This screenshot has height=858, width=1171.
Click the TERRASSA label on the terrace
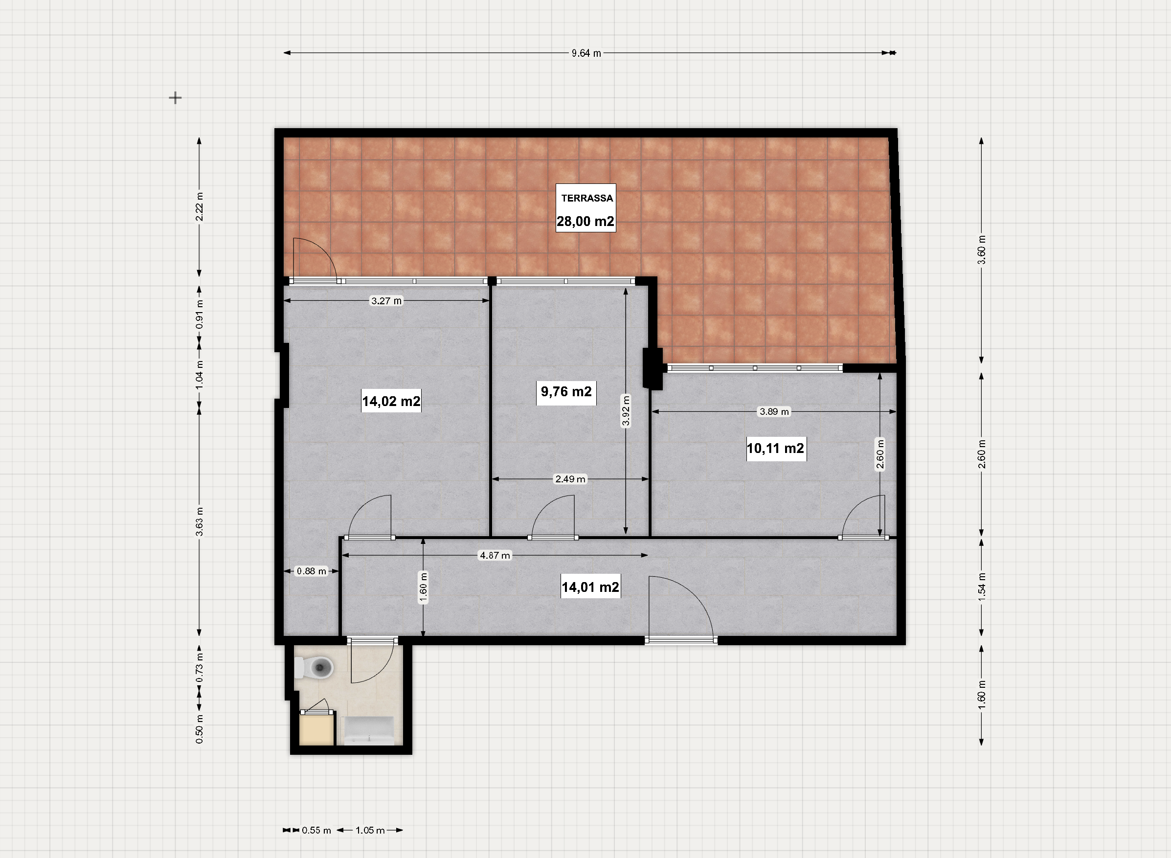coord(587,198)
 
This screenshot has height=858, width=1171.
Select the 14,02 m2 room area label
coord(391,401)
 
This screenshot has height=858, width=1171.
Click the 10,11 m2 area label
coord(775,448)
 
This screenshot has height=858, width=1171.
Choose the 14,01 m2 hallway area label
coord(590,587)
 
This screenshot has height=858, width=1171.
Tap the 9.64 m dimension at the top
coord(586,53)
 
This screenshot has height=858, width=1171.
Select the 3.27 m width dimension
coord(386,301)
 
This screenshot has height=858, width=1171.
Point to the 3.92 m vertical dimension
coord(626,410)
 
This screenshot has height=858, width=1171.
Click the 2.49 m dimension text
coord(570,479)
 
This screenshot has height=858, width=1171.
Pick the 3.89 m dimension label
coord(774,412)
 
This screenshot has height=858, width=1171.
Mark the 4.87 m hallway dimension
coord(495,555)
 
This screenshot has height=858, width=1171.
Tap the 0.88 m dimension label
coord(312,571)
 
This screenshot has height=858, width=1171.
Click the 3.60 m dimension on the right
coord(982,250)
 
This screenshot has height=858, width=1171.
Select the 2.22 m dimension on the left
coord(200,207)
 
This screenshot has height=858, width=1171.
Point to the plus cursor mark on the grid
coord(176,98)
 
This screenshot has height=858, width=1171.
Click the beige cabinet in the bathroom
coord(317,729)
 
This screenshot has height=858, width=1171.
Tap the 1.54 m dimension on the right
coord(982,587)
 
